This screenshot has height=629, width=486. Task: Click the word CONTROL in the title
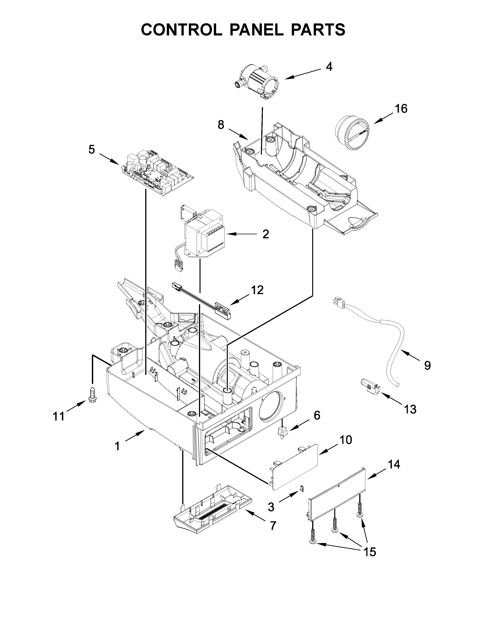182,30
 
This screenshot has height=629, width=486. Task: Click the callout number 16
401,109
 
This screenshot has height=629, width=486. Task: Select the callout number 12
257,290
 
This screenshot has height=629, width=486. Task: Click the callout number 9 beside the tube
427,365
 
